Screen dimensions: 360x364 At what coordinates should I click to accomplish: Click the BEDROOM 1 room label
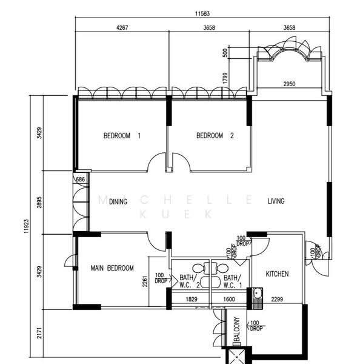point(122,135)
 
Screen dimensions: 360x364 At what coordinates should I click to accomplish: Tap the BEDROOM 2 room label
point(215,135)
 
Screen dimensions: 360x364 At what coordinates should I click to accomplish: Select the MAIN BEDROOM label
point(112,268)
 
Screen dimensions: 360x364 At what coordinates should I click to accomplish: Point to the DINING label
point(118,201)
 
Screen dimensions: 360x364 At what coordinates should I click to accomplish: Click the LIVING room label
point(276,201)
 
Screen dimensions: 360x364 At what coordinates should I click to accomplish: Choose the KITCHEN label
point(277,274)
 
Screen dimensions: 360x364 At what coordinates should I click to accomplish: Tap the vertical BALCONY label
point(237,329)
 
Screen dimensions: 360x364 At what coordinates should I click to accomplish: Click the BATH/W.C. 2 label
point(190,281)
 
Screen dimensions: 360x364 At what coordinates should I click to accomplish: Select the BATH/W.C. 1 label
point(233,281)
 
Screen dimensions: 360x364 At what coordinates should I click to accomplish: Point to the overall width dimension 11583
point(202,13)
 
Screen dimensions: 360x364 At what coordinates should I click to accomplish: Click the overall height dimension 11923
point(26,226)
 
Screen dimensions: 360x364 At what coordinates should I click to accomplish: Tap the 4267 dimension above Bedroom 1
point(122,28)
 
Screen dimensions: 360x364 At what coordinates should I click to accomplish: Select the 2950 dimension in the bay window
point(289,84)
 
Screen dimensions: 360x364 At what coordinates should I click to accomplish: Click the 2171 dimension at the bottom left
point(39,333)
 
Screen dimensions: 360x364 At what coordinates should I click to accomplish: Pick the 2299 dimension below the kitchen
point(277,300)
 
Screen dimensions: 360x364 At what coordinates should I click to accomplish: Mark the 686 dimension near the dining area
point(81,179)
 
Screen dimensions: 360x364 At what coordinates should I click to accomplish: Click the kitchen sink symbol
point(257,298)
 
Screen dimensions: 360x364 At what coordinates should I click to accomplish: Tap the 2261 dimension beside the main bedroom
point(145,281)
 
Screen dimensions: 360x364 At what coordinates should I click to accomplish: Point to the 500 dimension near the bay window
point(225,53)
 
